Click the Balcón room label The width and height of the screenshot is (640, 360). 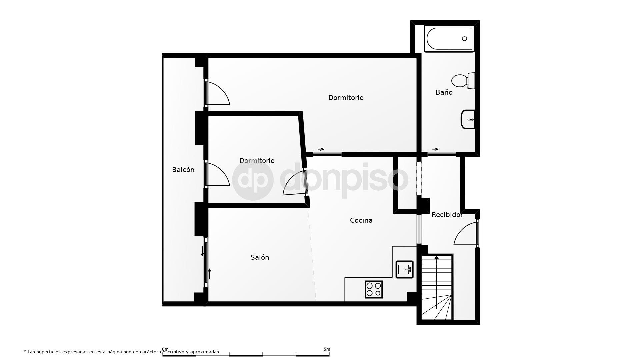click(183, 170)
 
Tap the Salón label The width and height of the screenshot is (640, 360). click(260, 257)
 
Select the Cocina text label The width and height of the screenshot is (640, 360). click(361, 220)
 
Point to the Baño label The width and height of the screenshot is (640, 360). click(444, 92)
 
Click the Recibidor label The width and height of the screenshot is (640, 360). click(447, 215)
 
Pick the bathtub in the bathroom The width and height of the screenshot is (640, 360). click(449, 39)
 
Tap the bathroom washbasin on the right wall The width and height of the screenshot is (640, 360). click(468, 119)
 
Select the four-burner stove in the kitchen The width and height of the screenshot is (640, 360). click(373, 289)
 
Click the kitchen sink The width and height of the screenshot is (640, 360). click(404, 269)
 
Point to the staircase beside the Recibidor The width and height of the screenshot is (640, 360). click(437, 287)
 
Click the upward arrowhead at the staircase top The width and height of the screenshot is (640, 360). click(436, 257)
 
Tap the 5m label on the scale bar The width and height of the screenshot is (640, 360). click(327, 349)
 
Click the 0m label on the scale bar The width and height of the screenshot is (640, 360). click(165, 349)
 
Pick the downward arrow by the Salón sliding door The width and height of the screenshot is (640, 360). click(202, 251)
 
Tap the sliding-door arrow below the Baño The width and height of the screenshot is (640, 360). click(435, 149)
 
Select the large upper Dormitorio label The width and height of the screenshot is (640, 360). click(346, 98)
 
